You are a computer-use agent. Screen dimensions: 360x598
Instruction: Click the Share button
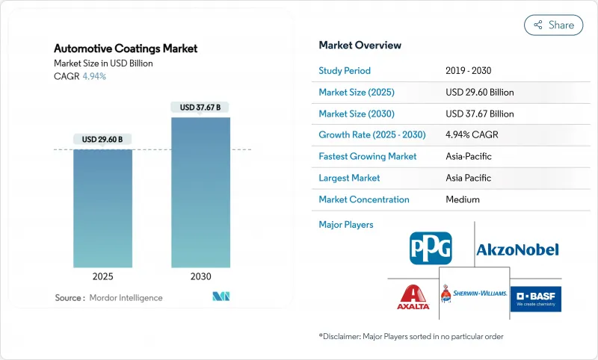click(x=553, y=25)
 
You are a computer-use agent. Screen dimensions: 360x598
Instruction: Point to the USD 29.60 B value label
click(x=102, y=140)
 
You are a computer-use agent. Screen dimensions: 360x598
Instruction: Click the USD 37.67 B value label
click(x=200, y=108)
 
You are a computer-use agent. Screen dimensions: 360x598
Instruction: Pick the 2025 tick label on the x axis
click(x=102, y=276)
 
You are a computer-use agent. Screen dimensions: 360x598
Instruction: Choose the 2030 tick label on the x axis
click(x=200, y=276)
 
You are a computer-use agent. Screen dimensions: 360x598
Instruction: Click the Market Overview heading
click(x=360, y=45)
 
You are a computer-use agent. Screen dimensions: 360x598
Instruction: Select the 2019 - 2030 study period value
click(x=469, y=71)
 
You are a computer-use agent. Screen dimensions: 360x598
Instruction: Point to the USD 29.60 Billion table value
click(x=480, y=93)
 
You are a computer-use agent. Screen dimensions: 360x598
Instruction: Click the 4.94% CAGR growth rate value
click(x=472, y=135)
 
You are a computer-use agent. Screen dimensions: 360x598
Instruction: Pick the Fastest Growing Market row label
click(x=368, y=157)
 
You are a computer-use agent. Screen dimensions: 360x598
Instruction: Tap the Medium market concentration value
click(x=463, y=199)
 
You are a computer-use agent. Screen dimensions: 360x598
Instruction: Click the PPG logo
click(x=431, y=248)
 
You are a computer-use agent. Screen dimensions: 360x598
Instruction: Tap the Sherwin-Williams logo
click(x=473, y=294)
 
